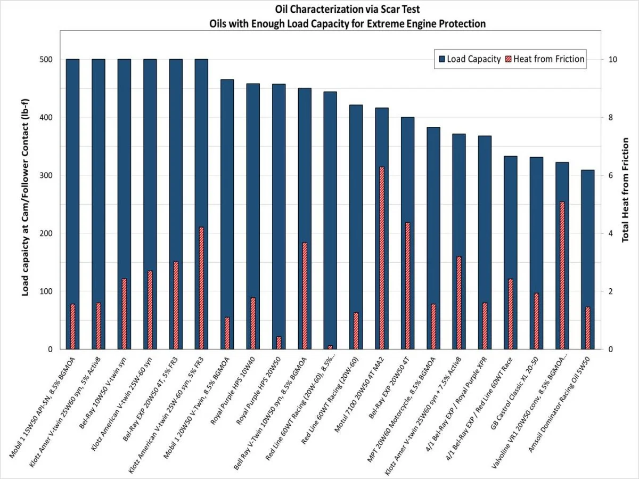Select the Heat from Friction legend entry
click(547, 59)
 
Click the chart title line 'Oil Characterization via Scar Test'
click(319, 10)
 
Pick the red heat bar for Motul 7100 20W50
click(382, 258)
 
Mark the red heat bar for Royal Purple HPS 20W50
click(278, 343)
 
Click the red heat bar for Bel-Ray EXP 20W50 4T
click(407, 286)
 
